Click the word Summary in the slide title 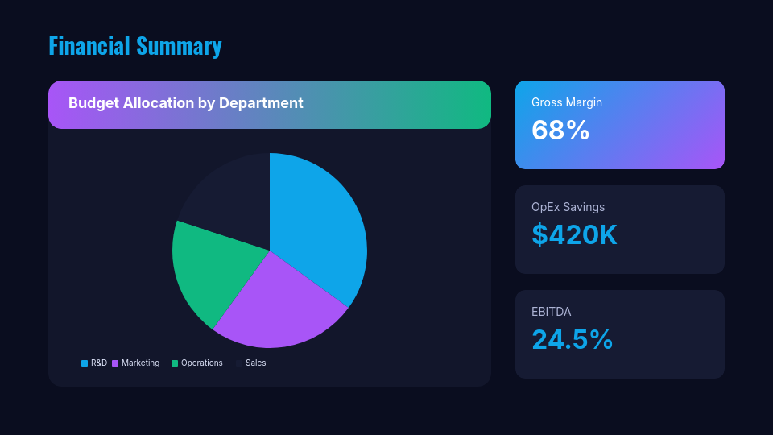[179, 46]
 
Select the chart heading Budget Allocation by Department [185, 103]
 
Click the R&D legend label [99, 363]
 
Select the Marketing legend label [140, 363]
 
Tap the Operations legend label [201, 363]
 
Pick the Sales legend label [255, 363]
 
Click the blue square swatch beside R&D [85, 363]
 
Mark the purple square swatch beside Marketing [115, 363]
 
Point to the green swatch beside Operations [175, 363]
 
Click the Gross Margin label [567, 102]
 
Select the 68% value [560, 130]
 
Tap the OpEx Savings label [568, 207]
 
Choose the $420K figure [574, 234]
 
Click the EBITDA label [551, 312]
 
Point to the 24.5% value [572, 339]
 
